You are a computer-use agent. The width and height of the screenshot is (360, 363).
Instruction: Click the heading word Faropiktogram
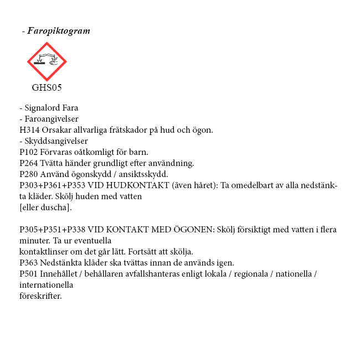pyautogui.click(x=59, y=31)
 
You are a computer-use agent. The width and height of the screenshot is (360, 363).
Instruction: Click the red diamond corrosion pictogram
pyautogui.click(x=47, y=61)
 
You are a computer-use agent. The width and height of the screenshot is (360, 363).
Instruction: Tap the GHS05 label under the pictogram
pyautogui.click(x=47, y=87)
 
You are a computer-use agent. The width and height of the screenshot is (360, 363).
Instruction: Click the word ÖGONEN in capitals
pyautogui.click(x=194, y=230)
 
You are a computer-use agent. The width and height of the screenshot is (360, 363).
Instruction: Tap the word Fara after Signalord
pyautogui.click(x=70, y=108)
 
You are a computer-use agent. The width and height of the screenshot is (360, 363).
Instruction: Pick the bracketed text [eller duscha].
pyautogui.click(x=45, y=208)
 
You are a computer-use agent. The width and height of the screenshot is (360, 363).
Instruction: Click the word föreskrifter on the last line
pyautogui.click(x=40, y=296)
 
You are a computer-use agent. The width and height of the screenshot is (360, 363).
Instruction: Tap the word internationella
pyautogui.click(x=46, y=285)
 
